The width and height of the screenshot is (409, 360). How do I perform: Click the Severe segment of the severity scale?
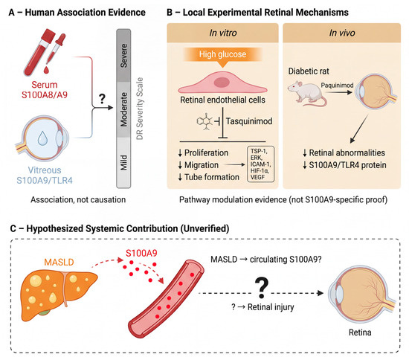123,55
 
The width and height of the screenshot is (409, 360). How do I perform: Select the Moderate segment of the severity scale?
123,109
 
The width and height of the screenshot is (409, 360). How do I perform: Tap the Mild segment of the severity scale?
123,162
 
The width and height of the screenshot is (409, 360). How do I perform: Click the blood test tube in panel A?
39,51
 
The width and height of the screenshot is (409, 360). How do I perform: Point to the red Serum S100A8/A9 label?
45,90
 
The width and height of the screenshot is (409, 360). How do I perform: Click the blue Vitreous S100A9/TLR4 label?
45,176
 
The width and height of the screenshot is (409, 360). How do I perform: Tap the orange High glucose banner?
222,54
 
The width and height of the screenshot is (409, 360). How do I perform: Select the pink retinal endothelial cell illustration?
222,83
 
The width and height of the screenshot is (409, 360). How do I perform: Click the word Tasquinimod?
249,121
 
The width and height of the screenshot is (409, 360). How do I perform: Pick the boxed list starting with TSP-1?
260,164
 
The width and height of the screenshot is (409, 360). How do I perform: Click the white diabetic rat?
307,94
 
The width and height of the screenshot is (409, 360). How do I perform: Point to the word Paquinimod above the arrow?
337,86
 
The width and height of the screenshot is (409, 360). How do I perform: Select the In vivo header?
342,33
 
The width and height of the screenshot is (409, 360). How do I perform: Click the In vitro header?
223,33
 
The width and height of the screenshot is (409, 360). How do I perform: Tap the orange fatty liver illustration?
59,295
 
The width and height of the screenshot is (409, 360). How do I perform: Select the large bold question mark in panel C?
261,288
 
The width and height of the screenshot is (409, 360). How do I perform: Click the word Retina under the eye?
360,332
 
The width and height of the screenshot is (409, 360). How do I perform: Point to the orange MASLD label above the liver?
59,262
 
